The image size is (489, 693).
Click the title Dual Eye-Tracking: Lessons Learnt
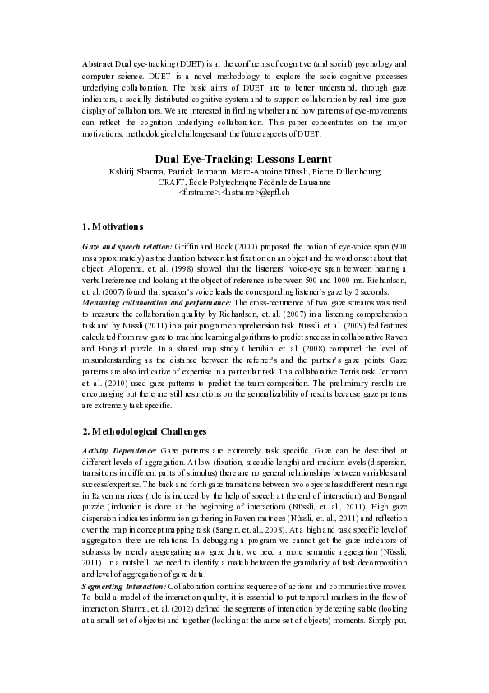pyautogui.click(x=243, y=159)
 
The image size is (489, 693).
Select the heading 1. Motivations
pyautogui.click(x=113, y=226)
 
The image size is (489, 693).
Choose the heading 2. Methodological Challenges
pyautogui.click(x=145, y=430)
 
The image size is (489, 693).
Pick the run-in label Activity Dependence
pyautogui.click(x=118, y=451)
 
